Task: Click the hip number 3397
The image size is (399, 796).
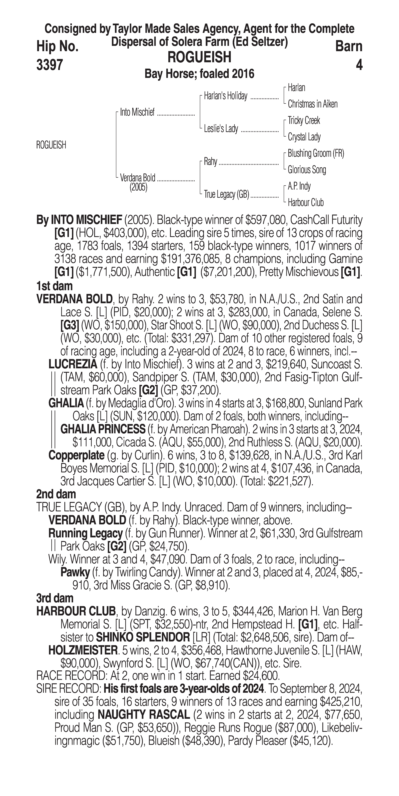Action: coord(50,65)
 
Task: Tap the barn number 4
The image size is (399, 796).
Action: coord(359,65)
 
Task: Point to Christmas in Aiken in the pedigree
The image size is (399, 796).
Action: coord(312,104)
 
